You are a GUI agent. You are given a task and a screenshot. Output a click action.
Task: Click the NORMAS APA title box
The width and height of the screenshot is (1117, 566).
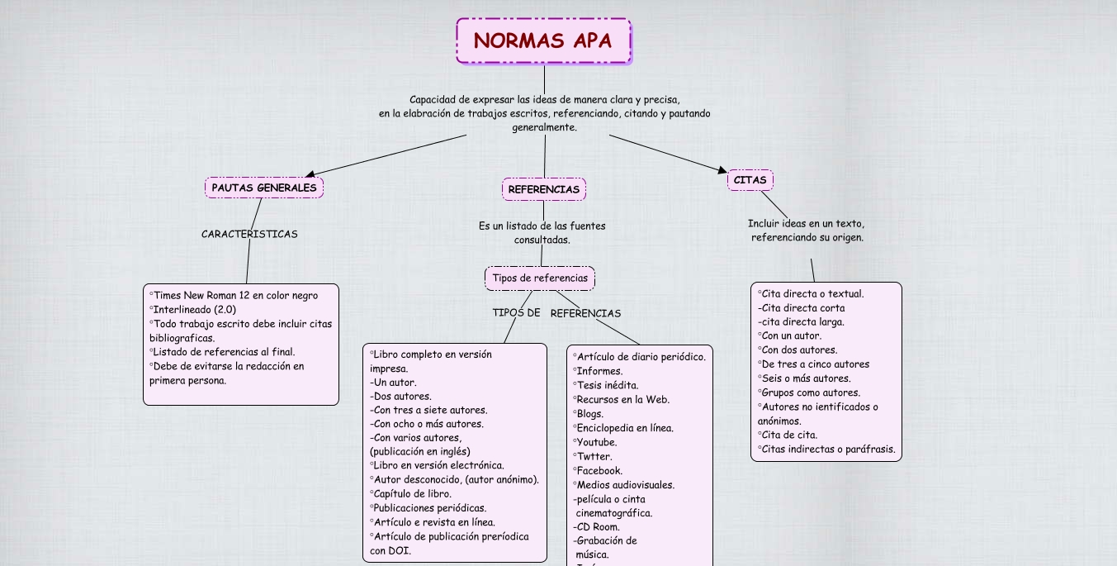pyautogui.click(x=543, y=41)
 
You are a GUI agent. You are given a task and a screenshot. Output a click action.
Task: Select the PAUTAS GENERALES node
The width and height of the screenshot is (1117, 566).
pyautogui.click(x=264, y=188)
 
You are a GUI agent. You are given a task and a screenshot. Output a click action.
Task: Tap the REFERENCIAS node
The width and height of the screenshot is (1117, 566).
pyautogui.click(x=543, y=189)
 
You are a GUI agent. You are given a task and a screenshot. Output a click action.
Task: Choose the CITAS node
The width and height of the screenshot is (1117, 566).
pyautogui.click(x=750, y=180)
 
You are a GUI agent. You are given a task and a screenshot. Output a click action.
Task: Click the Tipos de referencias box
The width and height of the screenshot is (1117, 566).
pyautogui.click(x=540, y=278)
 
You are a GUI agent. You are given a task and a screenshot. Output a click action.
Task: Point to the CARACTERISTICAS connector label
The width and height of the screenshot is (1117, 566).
pyautogui.click(x=249, y=234)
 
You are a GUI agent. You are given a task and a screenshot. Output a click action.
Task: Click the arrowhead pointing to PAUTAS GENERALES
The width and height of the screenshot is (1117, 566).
pyautogui.click(x=310, y=174)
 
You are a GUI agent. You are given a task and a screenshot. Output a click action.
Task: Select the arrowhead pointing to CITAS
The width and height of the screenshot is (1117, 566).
pyautogui.click(x=722, y=170)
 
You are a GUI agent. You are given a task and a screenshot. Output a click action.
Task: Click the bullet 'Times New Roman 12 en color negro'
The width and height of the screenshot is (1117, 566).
pyautogui.click(x=234, y=295)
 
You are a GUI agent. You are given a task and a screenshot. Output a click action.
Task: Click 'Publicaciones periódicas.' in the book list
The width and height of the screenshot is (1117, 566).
pyautogui.click(x=429, y=508)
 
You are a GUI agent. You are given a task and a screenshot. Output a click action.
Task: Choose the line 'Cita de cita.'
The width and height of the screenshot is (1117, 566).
pyautogui.click(x=789, y=435)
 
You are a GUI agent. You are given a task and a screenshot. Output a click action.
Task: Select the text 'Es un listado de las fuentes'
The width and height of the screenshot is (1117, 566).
pyautogui.click(x=542, y=226)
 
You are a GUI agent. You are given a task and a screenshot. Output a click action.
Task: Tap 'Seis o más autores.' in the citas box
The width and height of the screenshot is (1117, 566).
pyautogui.click(x=806, y=378)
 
